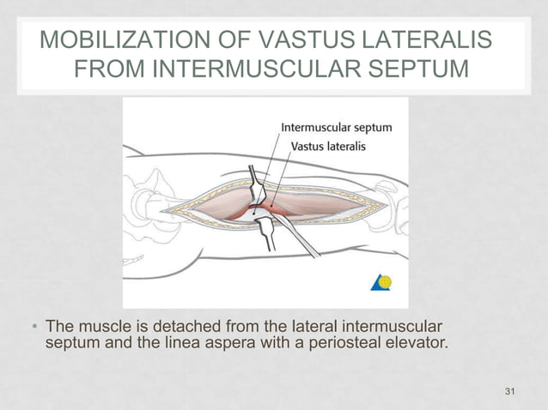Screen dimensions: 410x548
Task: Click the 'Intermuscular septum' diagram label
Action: click(x=337, y=128)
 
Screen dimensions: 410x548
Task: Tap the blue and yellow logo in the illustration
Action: click(x=381, y=282)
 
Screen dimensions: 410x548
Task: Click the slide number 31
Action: click(x=511, y=392)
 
